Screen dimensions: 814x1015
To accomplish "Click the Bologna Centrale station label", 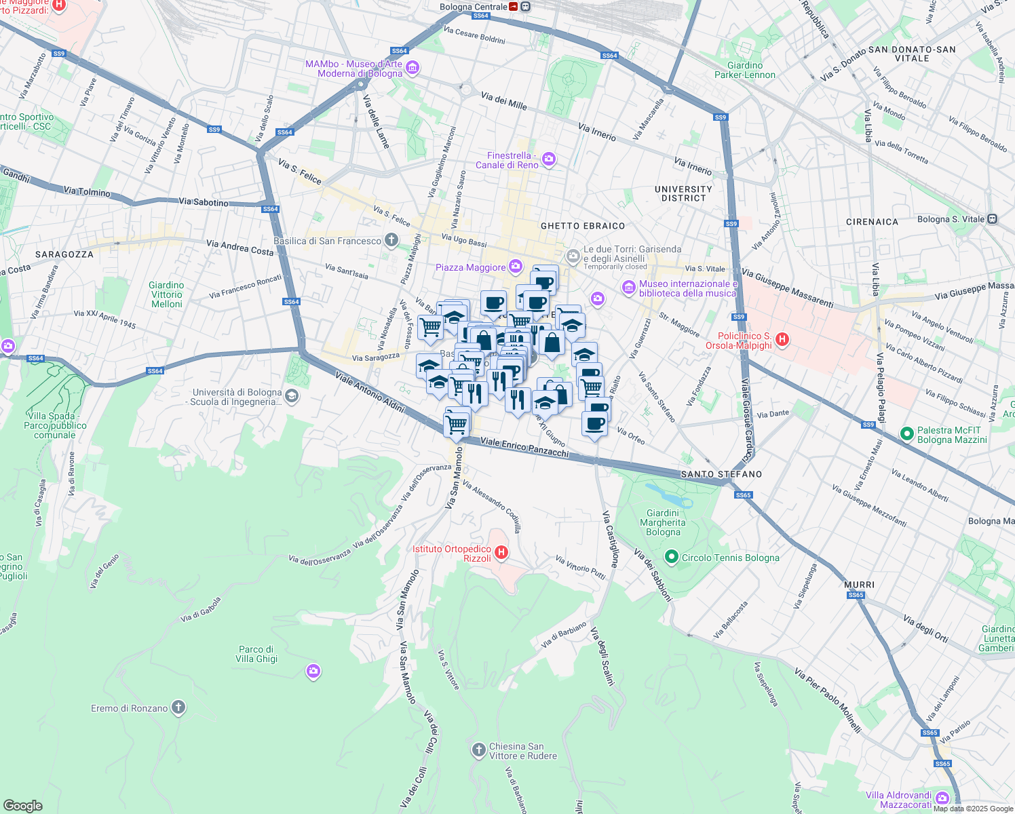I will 474,7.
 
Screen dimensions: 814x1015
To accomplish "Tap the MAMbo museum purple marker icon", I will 413,69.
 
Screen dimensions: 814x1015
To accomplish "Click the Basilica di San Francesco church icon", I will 391,240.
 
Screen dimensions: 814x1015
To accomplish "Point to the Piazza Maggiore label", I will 470,267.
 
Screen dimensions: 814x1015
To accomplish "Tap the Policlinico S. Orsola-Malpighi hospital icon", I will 782,339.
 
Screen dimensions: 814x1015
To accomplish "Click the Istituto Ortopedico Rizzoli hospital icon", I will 501,552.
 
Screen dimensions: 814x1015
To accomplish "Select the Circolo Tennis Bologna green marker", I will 672,558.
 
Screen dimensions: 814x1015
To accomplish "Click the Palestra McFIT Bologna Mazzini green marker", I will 906,433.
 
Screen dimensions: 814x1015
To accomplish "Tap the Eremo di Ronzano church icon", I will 178,708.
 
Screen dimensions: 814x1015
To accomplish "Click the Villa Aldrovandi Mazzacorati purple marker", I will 942,798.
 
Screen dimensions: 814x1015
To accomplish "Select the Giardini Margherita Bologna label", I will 663,522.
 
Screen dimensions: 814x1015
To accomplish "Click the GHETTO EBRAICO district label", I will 583,226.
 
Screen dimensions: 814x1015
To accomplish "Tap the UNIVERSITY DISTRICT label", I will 683,194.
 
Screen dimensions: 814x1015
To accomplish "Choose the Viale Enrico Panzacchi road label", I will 524,447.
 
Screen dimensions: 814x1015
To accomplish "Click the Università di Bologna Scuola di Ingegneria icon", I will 292,396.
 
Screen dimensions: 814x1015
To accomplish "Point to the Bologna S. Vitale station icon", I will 992,219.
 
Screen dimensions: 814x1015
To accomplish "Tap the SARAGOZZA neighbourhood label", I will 64,254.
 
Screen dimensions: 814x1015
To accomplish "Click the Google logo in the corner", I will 23,806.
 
